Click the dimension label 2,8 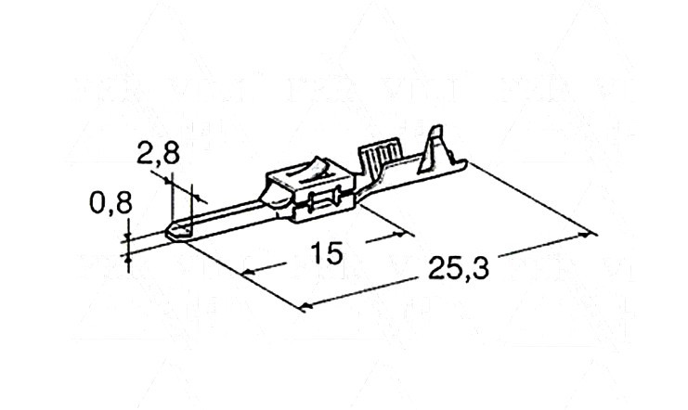point(158,153)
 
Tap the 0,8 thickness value point(110,203)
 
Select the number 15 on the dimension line point(326,253)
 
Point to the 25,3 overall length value point(458,267)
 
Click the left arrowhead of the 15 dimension point(249,272)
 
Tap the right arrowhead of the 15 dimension point(399,235)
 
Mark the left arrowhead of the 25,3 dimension point(306,305)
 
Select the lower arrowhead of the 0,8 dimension point(128,260)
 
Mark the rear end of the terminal point(464,164)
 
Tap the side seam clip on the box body point(325,201)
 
